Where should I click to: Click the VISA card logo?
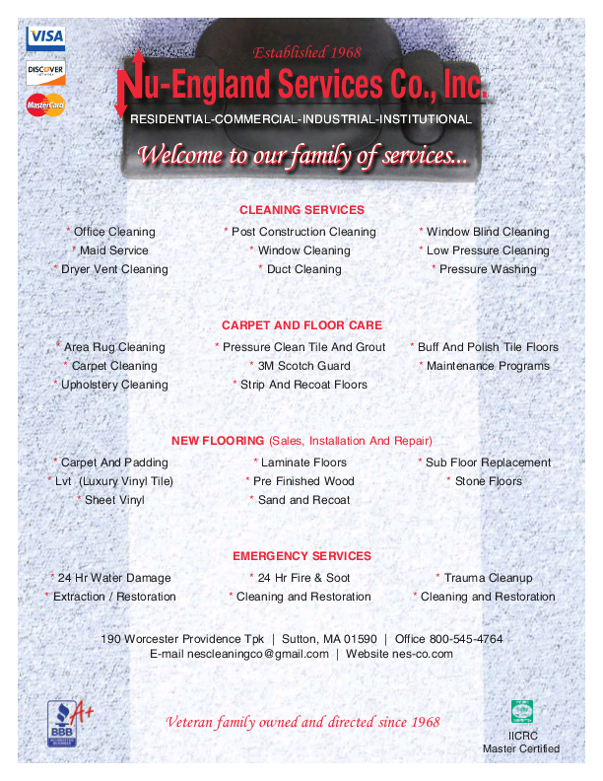pyautogui.click(x=45, y=37)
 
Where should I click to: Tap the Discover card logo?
pyautogui.click(x=45, y=71)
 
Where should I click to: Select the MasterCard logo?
pyautogui.click(x=45, y=104)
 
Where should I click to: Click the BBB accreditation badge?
pyautogui.click(x=62, y=723)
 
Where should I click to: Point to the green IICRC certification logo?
pyautogui.click(x=521, y=711)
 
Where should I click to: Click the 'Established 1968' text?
pyautogui.click(x=307, y=52)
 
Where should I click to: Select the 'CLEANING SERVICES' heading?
pyautogui.click(x=301, y=210)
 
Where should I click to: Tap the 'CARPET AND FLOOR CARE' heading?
pyautogui.click(x=301, y=325)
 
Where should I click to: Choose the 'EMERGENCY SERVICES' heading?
pyautogui.click(x=301, y=556)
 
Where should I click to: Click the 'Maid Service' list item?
pyautogui.click(x=113, y=250)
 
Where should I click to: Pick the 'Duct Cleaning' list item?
pyautogui.click(x=303, y=269)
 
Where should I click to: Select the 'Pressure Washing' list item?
pyautogui.click(x=488, y=269)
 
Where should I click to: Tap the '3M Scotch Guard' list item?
pyautogui.click(x=303, y=366)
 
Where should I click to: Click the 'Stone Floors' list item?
pyautogui.click(x=488, y=481)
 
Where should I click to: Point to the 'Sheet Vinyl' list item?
pyautogui.click(x=114, y=500)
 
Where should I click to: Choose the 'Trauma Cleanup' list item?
pyautogui.click(x=488, y=578)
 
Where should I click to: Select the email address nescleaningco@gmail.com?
pyautogui.click(x=239, y=654)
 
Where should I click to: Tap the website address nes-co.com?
pyautogui.click(x=423, y=654)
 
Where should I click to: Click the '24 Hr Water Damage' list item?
pyautogui.click(x=114, y=578)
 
